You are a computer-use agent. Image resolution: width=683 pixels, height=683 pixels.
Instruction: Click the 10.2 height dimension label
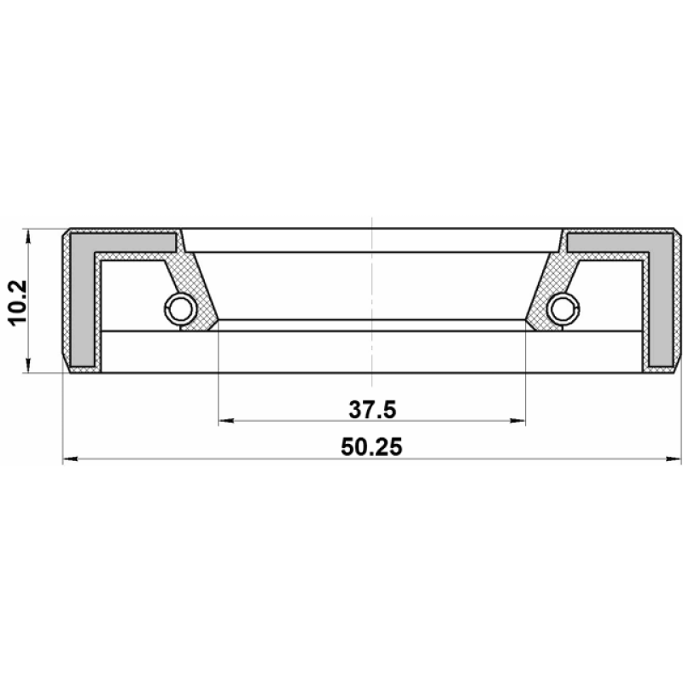18,302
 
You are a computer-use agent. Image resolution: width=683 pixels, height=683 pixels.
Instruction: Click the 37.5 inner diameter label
372,410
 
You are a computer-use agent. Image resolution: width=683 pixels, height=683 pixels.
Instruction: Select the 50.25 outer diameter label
371,447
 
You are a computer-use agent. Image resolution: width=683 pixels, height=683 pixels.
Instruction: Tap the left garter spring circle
180,309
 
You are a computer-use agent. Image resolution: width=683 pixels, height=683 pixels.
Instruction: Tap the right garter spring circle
563,309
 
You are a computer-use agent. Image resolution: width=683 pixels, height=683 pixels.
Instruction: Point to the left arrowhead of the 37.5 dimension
226,421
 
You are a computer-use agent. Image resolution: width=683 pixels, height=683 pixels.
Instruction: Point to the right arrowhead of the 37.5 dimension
517,421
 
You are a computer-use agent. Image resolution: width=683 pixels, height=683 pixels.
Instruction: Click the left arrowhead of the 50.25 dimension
71,458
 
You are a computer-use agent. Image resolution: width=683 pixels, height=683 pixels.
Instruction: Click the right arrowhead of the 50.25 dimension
674,458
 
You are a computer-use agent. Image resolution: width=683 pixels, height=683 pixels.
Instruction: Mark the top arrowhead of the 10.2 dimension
28,237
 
